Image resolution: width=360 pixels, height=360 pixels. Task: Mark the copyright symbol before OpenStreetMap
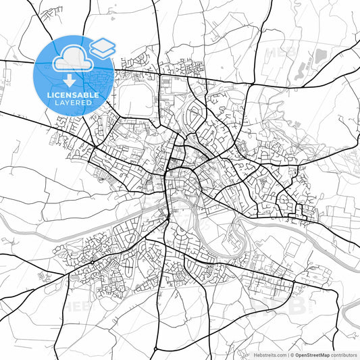pyautogui.click(x=292, y=355)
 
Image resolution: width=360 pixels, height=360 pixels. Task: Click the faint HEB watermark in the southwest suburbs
pyautogui.click(x=76, y=305)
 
